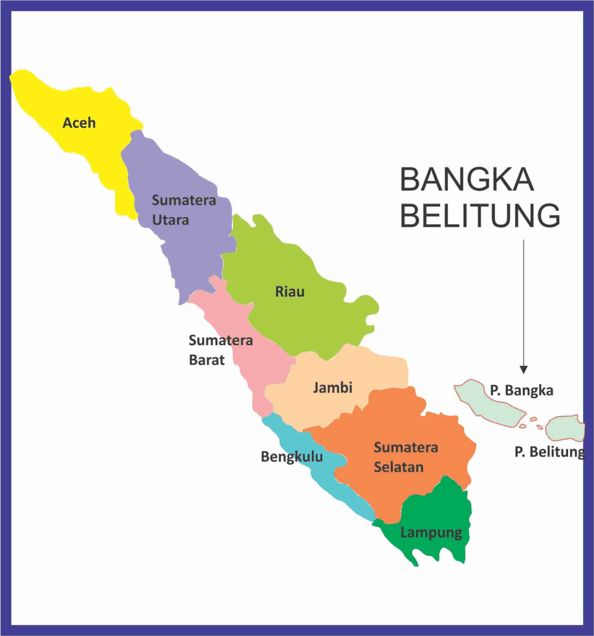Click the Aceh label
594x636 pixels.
pyautogui.click(x=79, y=123)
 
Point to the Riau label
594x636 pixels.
pyautogui.click(x=289, y=291)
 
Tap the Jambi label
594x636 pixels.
pyautogui.click(x=333, y=388)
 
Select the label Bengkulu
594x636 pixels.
pyautogui.click(x=292, y=457)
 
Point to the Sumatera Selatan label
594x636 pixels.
pyautogui.click(x=406, y=456)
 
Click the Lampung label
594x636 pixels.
pyautogui.click(x=431, y=533)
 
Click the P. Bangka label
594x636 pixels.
pyautogui.click(x=522, y=390)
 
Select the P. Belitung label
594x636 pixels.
pyautogui.click(x=549, y=452)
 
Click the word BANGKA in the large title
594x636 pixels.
pyautogui.click(x=467, y=179)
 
